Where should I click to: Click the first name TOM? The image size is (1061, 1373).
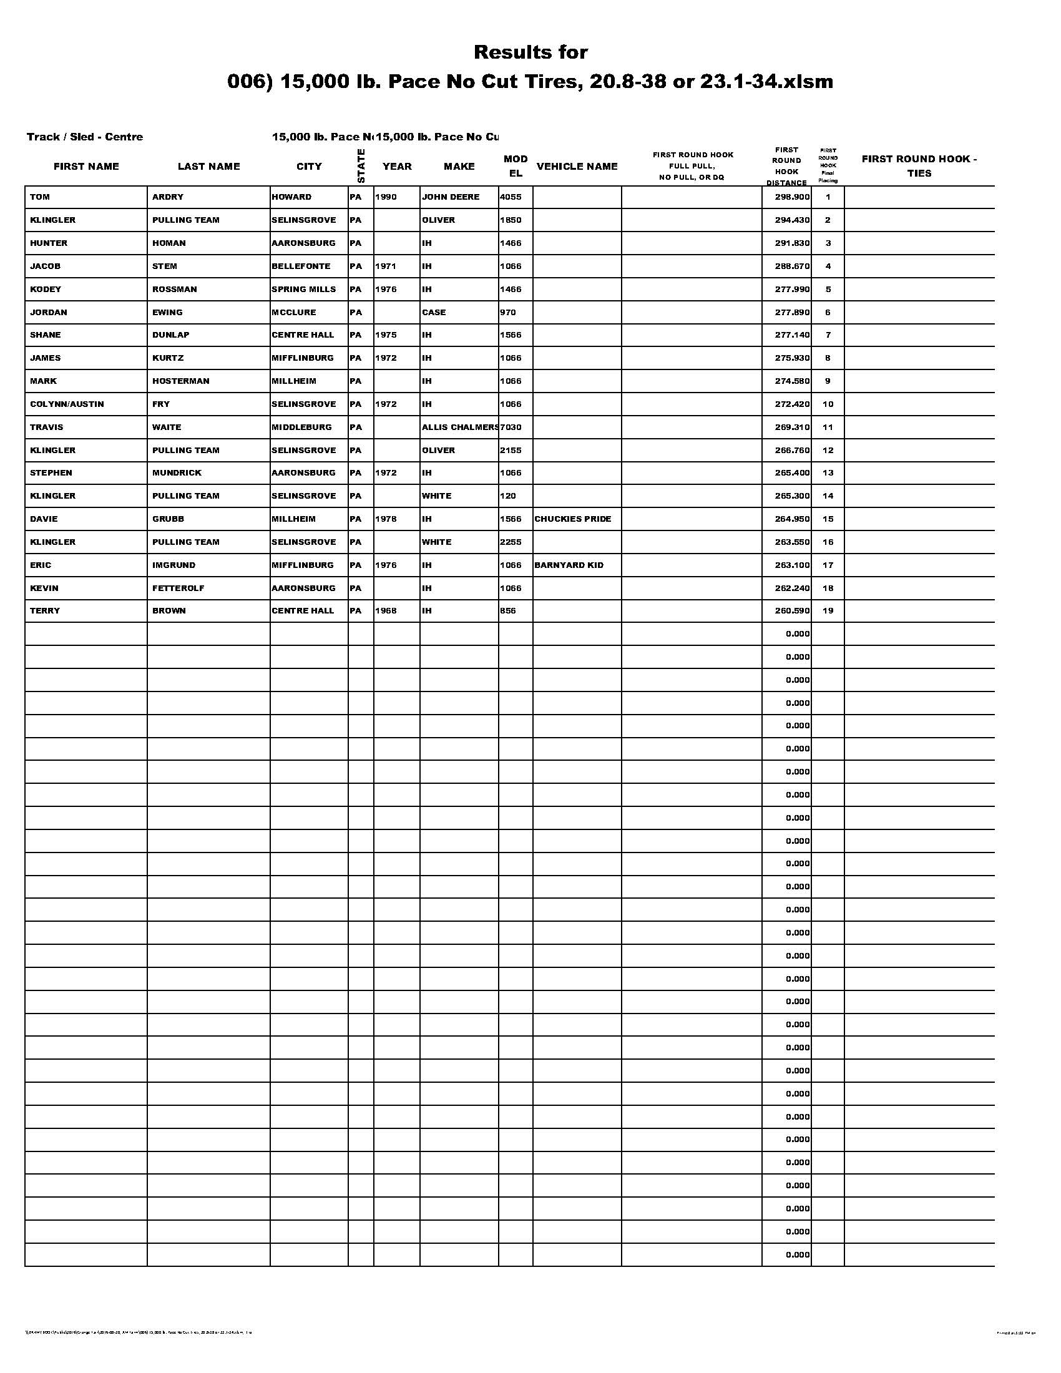pos(39,197)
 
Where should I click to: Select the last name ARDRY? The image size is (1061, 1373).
pos(168,197)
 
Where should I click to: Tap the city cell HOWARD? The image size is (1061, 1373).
pos(291,197)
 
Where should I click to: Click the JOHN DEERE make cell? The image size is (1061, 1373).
pos(450,197)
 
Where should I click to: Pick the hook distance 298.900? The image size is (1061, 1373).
pos(792,197)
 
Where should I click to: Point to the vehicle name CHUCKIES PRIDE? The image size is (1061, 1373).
pos(572,519)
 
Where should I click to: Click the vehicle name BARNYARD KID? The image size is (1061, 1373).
pos(569,565)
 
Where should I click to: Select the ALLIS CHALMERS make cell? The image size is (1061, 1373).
pos(460,427)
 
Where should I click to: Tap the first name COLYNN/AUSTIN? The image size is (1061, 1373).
pos(67,404)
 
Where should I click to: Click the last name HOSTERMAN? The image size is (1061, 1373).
pos(180,381)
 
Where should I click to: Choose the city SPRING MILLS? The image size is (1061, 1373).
pos(303,289)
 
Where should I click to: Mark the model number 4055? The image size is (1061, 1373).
pos(511,197)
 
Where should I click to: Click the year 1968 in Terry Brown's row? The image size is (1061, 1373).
pos(386,610)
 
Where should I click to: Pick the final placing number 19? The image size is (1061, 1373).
pos(828,610)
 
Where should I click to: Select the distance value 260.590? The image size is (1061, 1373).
pos(792,610)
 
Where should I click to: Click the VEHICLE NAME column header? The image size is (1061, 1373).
pos(577,166)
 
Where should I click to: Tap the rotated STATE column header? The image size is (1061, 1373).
pos(361,165)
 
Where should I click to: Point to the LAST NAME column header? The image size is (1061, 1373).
pos(208,166)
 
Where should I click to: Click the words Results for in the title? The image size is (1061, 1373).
pos(530,52)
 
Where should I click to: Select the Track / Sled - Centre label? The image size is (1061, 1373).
pos(85,137)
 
